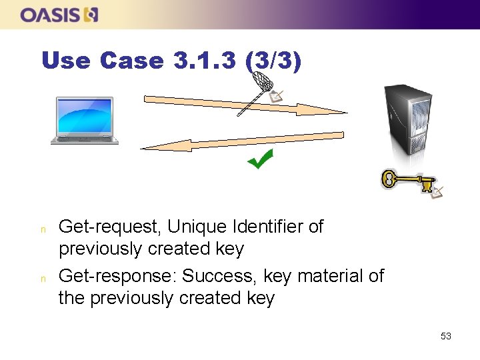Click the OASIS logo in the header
pos(59,15)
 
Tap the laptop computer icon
pos(85,121)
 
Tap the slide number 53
pos(446,336)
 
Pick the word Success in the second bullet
pos(219,275)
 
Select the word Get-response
pos(117,276)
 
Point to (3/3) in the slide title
pos(273,61)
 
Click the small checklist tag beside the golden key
pos(437,192)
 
